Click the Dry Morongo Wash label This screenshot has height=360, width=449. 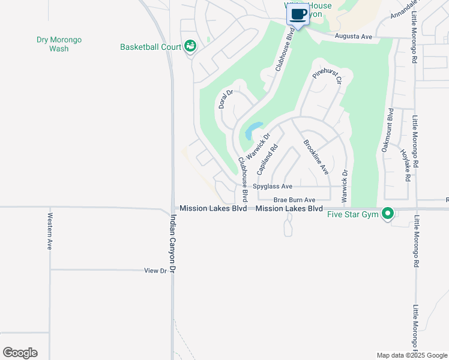tap(59, 44)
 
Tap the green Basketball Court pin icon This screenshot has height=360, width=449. tap(190, 46)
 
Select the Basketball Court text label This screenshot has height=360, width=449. tap(151, 46)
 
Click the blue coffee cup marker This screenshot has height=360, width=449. tap(298, 13)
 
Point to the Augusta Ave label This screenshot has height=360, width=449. tap(354, 37)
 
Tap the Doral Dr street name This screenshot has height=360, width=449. tap(226, 99)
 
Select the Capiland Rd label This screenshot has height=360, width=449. tap(268, 159)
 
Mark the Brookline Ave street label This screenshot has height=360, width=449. tap(316, 157)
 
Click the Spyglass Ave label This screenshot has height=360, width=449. tap(272, 187)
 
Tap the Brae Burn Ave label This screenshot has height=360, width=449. tap(294, 200)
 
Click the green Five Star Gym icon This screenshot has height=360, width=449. tap(388, 213)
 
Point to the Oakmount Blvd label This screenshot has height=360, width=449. tap(388, 130)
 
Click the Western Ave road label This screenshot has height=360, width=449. tap(50, 231)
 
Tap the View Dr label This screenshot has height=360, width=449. tap(155, 271)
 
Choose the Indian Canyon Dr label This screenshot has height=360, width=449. tap(174, 244)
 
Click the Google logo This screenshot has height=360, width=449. tap(20, 353)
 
